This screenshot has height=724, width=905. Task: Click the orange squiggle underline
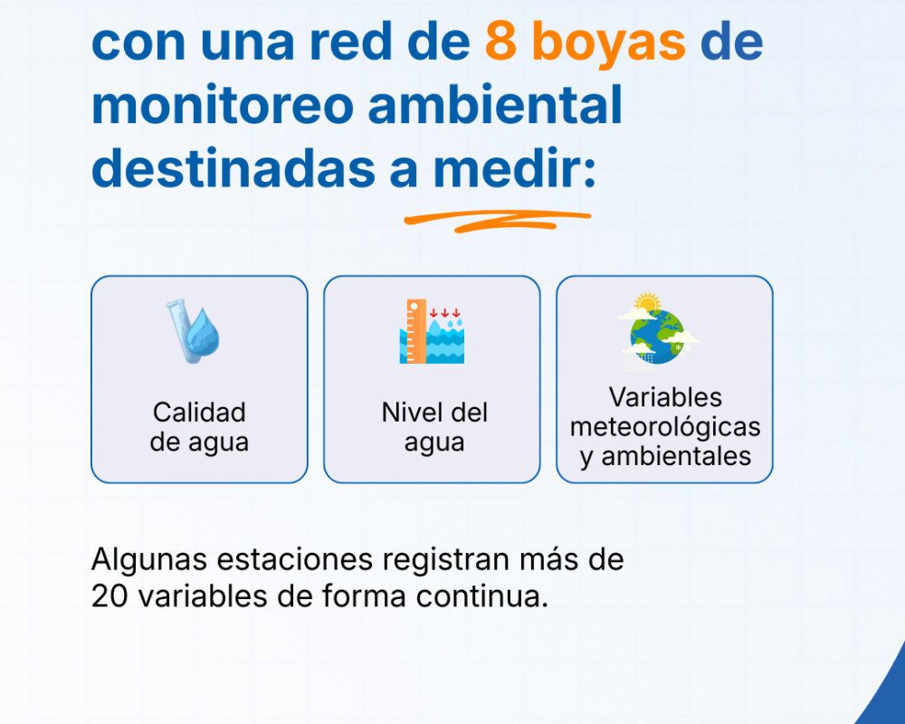(x=496, y=220)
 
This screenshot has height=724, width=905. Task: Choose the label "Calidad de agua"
(x=199, y=427)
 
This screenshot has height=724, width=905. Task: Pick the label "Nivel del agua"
(x=434, y=427)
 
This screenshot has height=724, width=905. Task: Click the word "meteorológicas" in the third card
(x=665, y=426)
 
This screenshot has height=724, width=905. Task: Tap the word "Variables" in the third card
(x=665, y=397)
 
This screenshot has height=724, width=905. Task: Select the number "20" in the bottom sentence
(x=108, y=597)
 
